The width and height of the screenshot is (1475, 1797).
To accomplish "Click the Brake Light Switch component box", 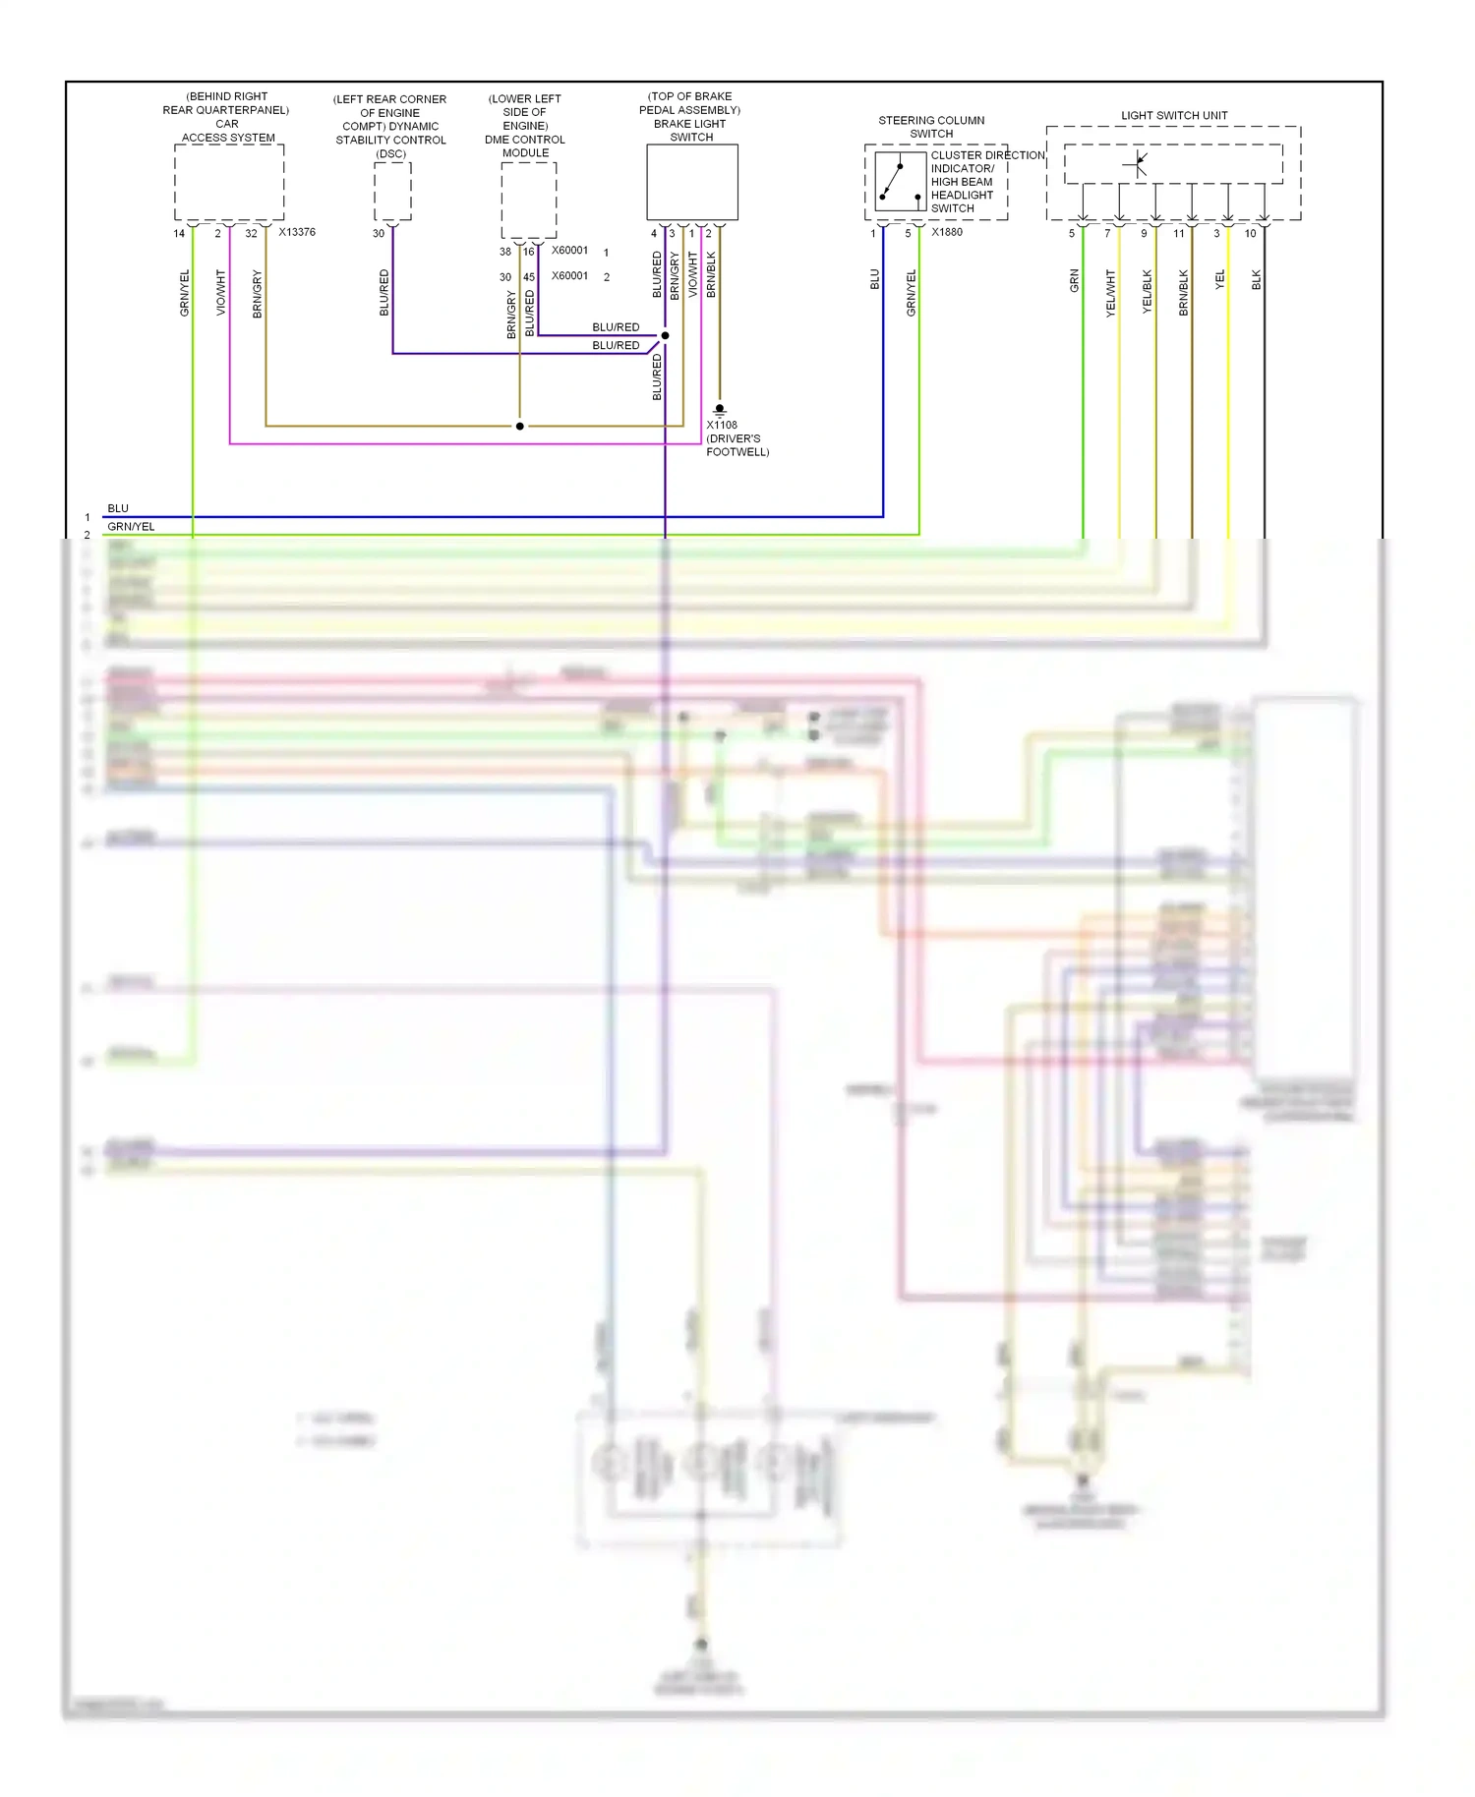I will pos(691,183).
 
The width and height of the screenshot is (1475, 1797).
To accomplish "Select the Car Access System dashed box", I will pos(229,183).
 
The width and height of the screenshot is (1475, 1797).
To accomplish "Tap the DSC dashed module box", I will pos(392,192).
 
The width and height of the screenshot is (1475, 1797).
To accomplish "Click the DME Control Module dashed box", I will pos(528,200).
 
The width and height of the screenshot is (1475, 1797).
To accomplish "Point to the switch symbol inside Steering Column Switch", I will pos(899,181).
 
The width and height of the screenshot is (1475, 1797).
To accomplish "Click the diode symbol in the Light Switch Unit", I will pos(1138,163).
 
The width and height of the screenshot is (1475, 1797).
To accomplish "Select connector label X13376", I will pos(297,233).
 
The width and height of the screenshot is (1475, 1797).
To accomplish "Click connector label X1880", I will pos(946,232).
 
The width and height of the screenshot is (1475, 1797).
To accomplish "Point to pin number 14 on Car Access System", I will pos(179,234).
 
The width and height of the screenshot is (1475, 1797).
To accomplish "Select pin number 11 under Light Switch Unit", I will pos(1178,234).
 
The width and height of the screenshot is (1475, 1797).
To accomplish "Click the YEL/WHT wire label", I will pos(1110,293).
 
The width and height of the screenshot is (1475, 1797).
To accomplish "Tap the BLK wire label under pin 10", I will pos(1256,280).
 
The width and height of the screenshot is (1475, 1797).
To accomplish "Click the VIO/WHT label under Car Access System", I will pos(220,293).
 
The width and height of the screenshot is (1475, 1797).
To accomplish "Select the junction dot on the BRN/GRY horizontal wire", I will pos(519,426).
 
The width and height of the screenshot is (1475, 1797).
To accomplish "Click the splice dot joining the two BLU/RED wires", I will pos(665,336).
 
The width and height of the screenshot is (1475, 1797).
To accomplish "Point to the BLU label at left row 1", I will pos(118,508).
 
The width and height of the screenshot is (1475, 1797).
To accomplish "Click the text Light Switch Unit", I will pos(1174,115).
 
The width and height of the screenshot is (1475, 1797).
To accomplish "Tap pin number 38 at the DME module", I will pos(504,252).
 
